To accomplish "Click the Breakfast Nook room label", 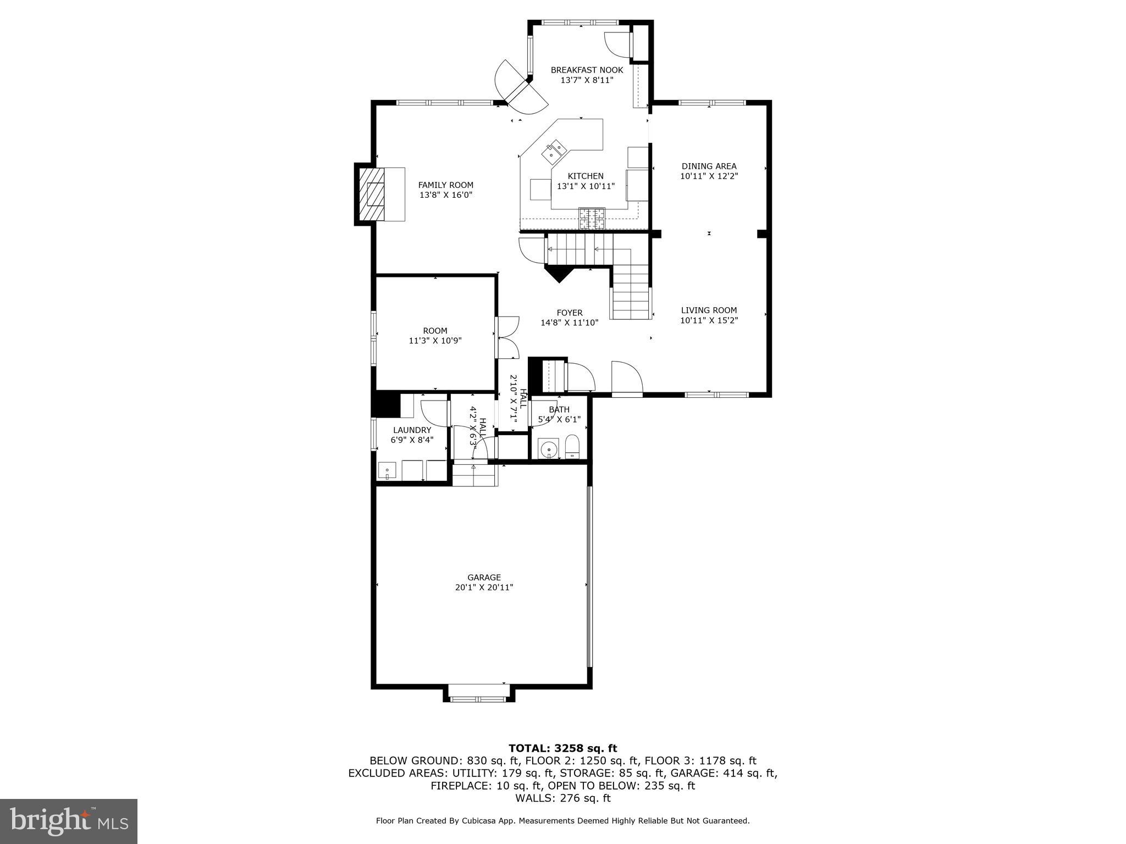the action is point(587,70).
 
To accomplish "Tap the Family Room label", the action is point(445,185).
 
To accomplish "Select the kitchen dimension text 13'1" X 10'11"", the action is point(586,186).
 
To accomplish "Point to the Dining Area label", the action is point(709,166).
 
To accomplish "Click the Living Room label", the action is point(709,310).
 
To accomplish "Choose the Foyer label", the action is point(569,313).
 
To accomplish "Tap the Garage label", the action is point(484,578).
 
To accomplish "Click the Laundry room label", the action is point(412,430).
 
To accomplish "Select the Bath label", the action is point(559,409).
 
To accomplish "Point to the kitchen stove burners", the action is point(592,219).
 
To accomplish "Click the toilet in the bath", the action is point(572,447).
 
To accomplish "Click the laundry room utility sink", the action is point(388,471).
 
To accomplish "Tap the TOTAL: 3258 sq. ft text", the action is point(562,748).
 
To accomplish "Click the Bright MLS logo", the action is point(69,821).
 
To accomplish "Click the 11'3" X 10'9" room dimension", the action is point(435,341).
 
